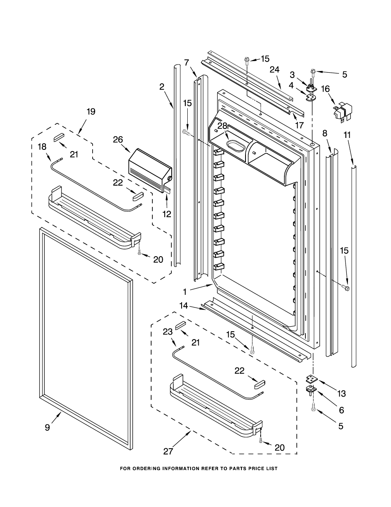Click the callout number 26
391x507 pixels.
pos(118,140)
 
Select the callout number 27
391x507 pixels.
pos(168,452)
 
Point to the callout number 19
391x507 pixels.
pos(91,111)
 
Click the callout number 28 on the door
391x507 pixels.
pos(222,126)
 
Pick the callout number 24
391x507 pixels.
pos(274,70)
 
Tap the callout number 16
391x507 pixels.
pos(325,89)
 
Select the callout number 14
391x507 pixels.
pos(183,305)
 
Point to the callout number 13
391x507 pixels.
pos(341,394)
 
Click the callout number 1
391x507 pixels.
pos(185,292)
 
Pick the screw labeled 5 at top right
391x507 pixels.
pos(313,72)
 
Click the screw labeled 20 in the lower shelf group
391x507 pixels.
pos(261,441)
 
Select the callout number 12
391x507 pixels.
pos(166,214)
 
